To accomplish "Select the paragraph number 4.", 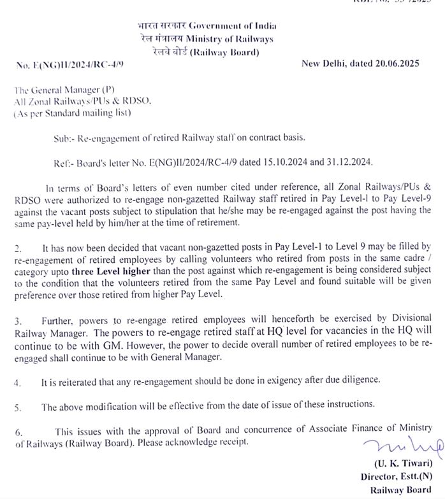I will [x=17, y=382].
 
